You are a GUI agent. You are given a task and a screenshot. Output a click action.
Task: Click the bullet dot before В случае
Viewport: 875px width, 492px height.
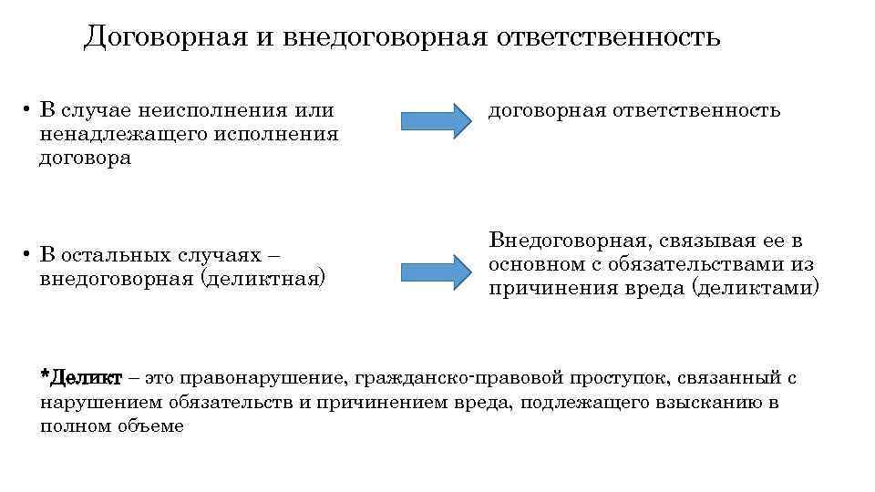coord(28,111)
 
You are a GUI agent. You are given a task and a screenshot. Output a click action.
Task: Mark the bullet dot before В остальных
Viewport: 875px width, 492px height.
coord(28,253)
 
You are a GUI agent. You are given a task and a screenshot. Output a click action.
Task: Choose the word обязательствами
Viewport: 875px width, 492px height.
coord(707,264)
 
